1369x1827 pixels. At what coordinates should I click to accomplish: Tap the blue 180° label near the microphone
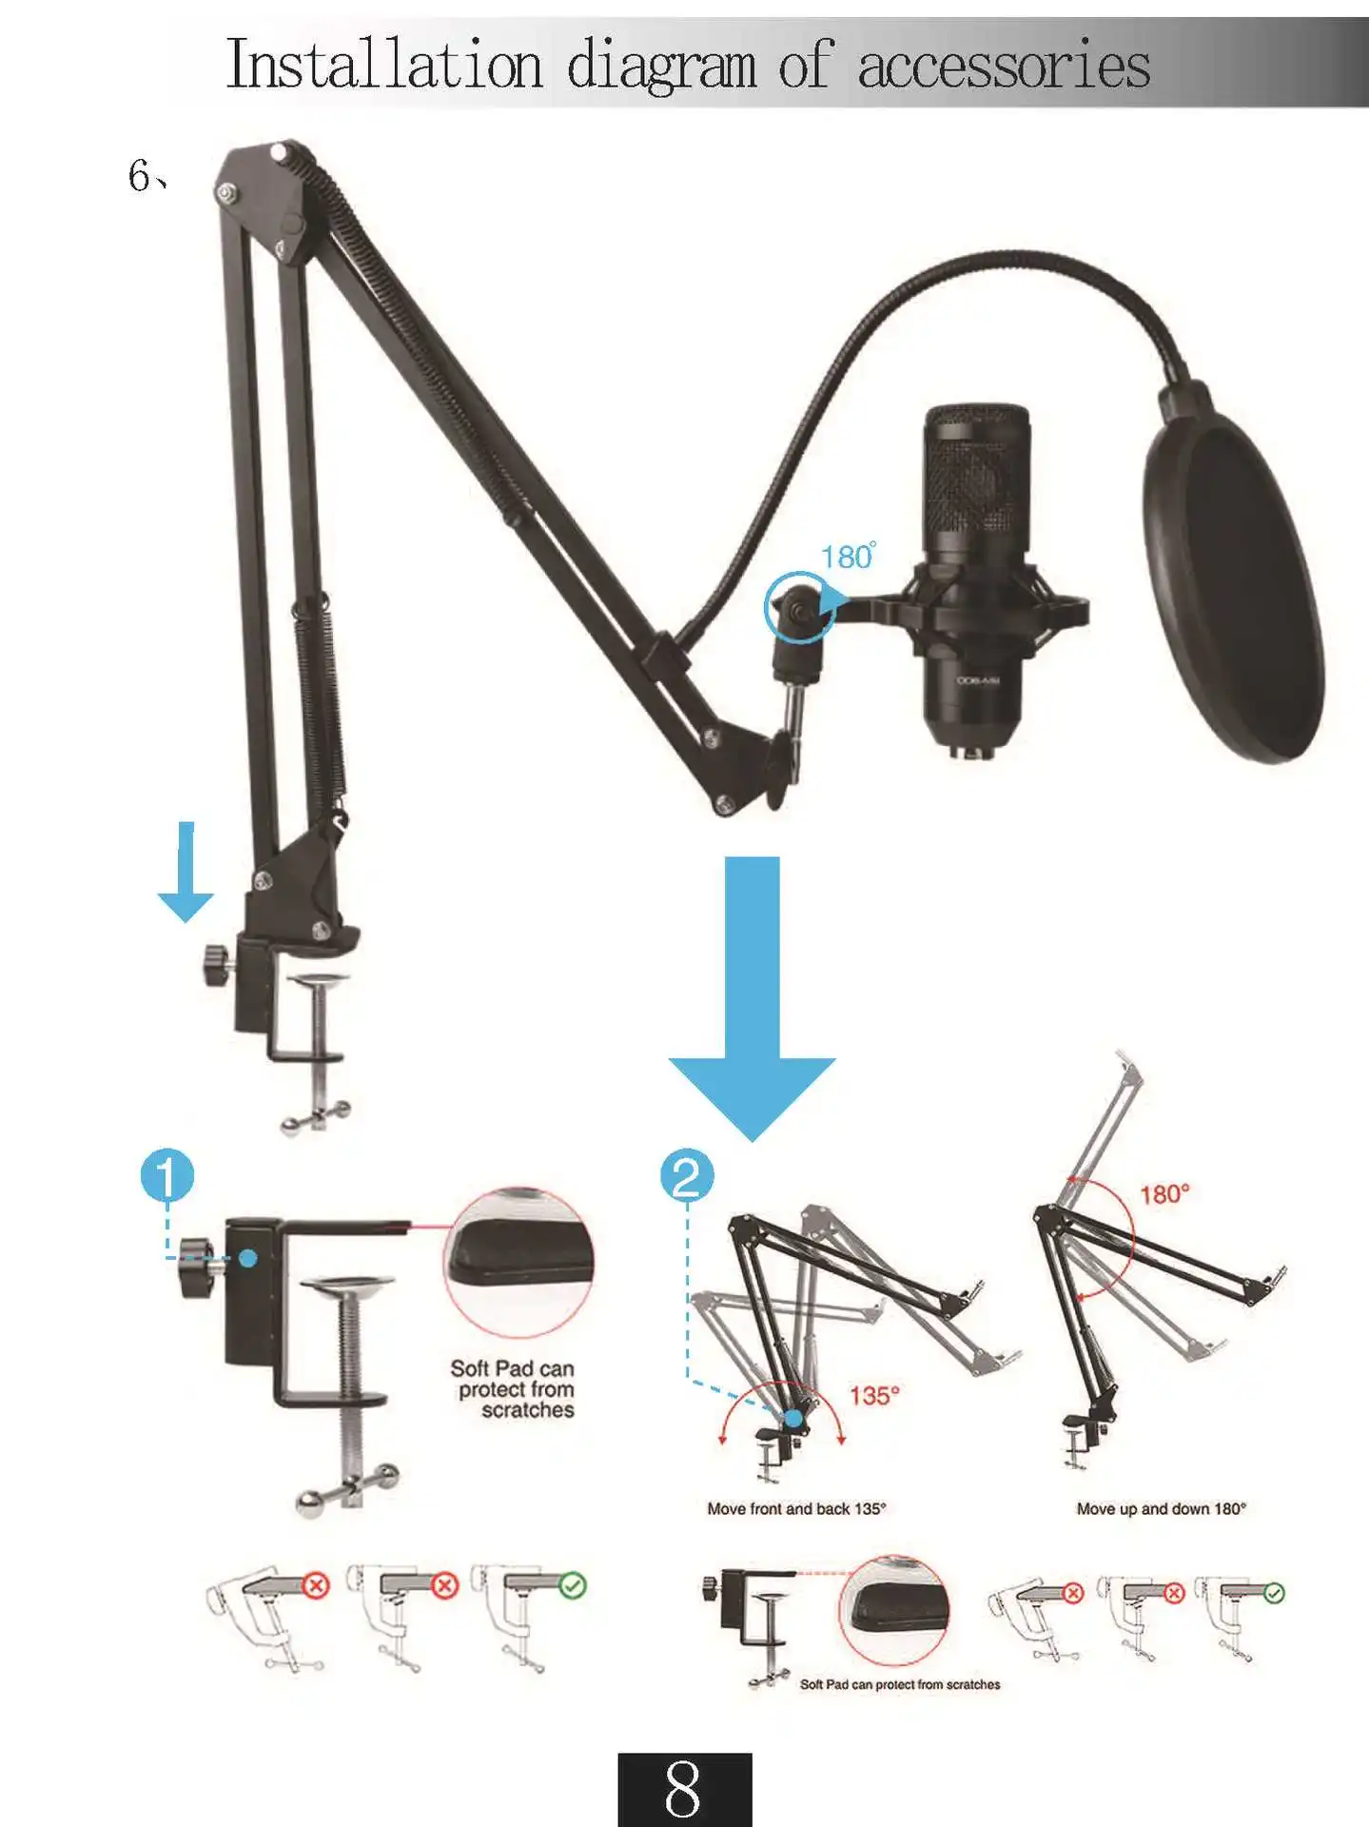coord(847,557)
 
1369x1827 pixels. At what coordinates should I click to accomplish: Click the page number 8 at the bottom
coord(684,1790)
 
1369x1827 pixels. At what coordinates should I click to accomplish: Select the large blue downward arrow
coord(752,1009)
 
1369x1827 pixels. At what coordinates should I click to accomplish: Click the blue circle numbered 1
coord(167,1176)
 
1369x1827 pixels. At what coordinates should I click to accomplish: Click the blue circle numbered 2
coord(687,1176)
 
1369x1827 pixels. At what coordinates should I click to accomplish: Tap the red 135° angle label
coord(874,1396)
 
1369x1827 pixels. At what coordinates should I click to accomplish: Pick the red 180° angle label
coord(1164,1194)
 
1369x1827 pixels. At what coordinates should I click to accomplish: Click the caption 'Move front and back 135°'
coord(796,1509)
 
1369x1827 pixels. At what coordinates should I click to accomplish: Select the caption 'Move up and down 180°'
coord(1161,1509)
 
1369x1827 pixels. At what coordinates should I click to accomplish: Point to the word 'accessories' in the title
coord(1004,67)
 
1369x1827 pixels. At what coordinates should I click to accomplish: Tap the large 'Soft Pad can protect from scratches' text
coord(514,1389)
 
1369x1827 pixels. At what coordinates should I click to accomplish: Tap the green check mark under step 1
coord(573,1585)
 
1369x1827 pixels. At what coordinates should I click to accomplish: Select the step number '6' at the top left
coord(139,176)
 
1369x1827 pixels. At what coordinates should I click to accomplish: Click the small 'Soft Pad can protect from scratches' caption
coord(900,1685)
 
